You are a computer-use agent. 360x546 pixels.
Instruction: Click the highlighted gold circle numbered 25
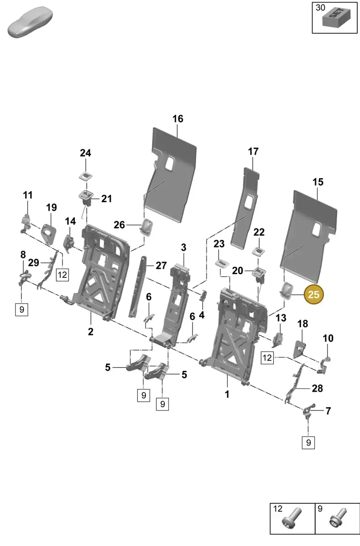(x=314, y=294)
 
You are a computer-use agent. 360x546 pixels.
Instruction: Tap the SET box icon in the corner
(x=336, y=18)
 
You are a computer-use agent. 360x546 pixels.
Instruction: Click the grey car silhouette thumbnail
(x=30, y=22)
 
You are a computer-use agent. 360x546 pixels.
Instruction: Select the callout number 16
(x=178, y=119)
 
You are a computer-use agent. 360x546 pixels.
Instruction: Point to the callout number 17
(x=253, y=152)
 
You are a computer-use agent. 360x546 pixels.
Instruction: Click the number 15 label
(x=318, y=182)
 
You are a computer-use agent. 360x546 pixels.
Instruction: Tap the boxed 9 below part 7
(x=308, y=442)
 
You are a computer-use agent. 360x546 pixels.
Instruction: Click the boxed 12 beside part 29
(x=63, y=275)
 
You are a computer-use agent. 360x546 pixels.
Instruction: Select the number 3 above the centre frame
(x=184, y=248)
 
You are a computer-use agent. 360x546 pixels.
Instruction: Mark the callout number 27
(x=161, y=266)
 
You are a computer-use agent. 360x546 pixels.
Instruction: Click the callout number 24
(x=85, y=153)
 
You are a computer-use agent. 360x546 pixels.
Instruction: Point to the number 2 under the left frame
(x=90, y=331)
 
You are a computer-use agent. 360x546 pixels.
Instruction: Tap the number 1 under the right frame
(x=227, y=394)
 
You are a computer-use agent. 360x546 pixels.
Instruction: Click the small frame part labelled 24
(x=85, y=176)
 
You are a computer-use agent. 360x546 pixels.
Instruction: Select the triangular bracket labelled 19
(x=48, y=234)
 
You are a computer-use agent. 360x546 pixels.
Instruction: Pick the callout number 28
(x=317, y=388)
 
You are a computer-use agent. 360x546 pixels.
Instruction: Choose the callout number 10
(x=328, y=338)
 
